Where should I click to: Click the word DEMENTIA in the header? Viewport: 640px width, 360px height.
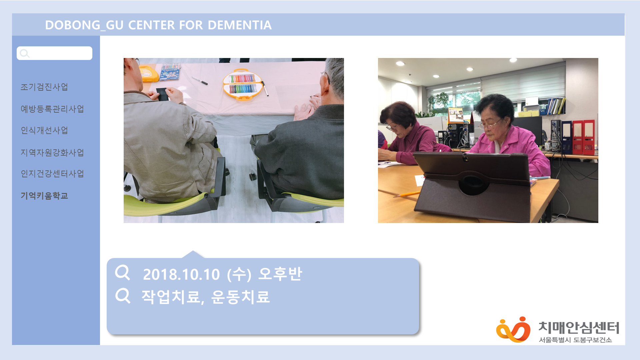pyautogui.click(x=240, y=25)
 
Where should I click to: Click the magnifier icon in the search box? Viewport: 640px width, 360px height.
pyautogui.click(x=24, y=53)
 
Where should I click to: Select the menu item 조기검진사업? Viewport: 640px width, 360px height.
pyautogui.click(x=44, y=87)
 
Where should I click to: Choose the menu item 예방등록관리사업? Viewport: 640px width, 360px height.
pyautogui.click(x=52, y=109)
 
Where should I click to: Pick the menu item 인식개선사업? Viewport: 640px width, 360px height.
pyautogui.click(x=44, y=130)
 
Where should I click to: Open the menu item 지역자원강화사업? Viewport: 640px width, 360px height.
pyautogui.click(x=52, y=153)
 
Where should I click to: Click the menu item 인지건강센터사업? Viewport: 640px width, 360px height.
pyautogui.click(x=52, y=174)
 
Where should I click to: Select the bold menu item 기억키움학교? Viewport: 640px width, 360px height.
pyautogui.click(x=44, y=196)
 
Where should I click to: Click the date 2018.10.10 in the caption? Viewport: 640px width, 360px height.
pyautogui.click(x=181, y=275)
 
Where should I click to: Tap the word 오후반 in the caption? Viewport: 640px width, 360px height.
pyautogui.click(x=280, y=274)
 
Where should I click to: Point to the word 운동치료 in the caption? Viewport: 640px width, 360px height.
pyautogui.click(x=240, y=297)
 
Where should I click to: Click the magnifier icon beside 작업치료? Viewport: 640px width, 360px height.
pyautogui.click(x=123, y=295)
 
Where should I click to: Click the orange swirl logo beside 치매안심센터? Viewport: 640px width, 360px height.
pyautogui.click(x=513, y=329)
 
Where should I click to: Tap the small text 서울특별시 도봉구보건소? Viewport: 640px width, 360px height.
pyautogui.click(x=575, y=340)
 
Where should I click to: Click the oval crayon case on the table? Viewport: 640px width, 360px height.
pyautogui.click(x=242, y=85)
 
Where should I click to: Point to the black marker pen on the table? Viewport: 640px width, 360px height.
pyautogui.click(x=200, y=80)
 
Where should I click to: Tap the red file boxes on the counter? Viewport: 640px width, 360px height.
pyautogui.click(x=583, y=137)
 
